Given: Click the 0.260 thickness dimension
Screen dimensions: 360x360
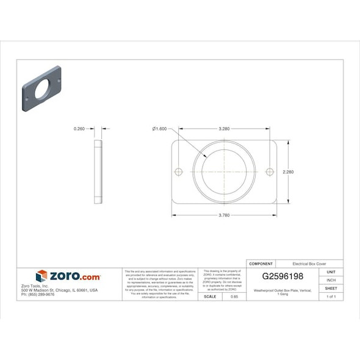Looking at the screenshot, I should tap(79, 129).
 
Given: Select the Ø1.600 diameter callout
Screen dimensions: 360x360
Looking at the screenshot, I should tap(159, 129).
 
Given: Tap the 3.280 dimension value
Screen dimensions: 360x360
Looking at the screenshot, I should tap(224, 129).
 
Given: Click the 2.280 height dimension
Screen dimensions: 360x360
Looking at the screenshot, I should tap(288, 172).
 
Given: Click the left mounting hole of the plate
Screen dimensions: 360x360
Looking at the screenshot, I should tap(179, 172).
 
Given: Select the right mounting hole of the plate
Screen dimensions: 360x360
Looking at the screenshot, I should tap(270, 172).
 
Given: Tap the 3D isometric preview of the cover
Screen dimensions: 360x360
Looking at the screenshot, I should tap(41, 88).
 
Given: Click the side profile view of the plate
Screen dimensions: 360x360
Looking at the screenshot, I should tap(98, 172).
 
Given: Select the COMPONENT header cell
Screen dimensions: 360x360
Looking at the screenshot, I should tap(261, 263).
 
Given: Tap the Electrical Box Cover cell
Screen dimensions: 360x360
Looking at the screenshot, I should tap(309, 263).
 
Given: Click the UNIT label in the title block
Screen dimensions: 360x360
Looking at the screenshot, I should tap(331, 272).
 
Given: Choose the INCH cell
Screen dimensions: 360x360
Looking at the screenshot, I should tap(331, 280).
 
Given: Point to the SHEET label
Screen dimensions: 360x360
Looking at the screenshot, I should tap(331, 288).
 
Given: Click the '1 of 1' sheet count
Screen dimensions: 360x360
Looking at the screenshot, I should tap(331, 297).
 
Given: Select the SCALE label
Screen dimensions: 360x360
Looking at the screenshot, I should tap(210, 297).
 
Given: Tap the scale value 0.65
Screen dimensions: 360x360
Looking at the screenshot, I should tap(234, 297).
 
